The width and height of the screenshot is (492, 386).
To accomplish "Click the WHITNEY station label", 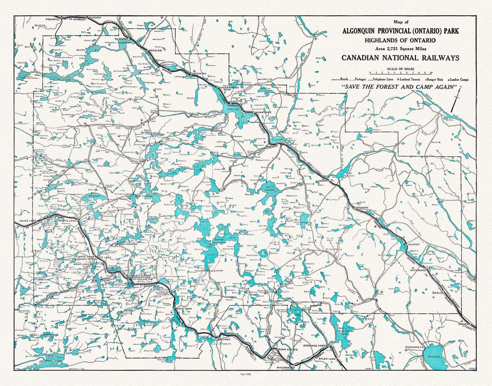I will pos(224,340).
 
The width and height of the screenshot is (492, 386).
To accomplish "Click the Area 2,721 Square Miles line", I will pos(400,49).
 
